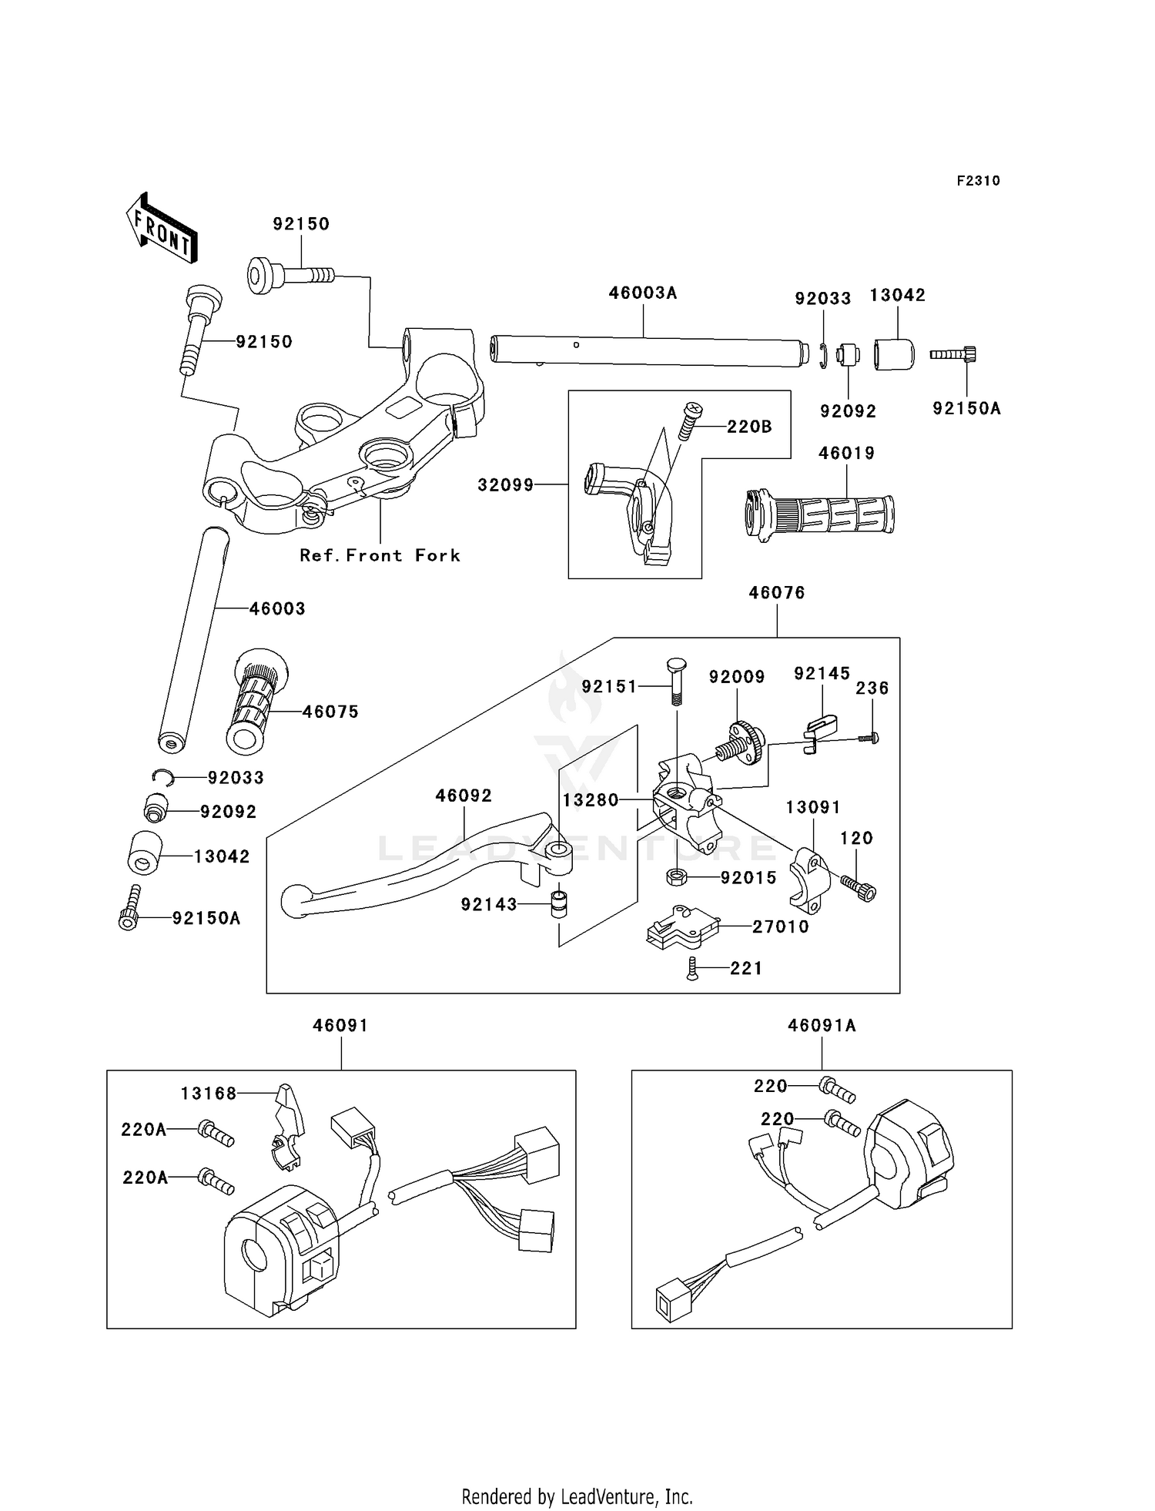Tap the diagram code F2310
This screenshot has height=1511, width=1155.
click(x=978, y=181)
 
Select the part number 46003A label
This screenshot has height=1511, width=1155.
click(x=643, y=293)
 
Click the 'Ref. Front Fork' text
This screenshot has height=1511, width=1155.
click(x=380, y=555)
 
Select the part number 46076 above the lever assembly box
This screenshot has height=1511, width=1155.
click(x=777, y=592)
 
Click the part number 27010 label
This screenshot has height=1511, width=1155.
click(x=781, y=926)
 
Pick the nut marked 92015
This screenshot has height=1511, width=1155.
click(x=676, y=876)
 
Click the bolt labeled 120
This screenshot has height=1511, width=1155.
click(x=859, y=887)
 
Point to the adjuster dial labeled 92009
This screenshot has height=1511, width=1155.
click(x=740, y=743)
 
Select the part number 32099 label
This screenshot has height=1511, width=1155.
click(x=506, y=484)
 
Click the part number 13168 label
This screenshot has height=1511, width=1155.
click(x=209, y=1093)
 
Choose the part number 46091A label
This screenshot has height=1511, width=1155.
click(x=822, y=1025)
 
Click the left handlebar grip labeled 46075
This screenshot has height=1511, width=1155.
click(x=257, y=701)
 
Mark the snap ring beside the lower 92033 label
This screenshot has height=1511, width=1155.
click(x=162, y=777)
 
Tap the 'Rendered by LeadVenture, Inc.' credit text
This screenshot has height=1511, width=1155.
click(x=577, y=1496)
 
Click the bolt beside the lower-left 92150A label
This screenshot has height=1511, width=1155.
click(x=132, y=907)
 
